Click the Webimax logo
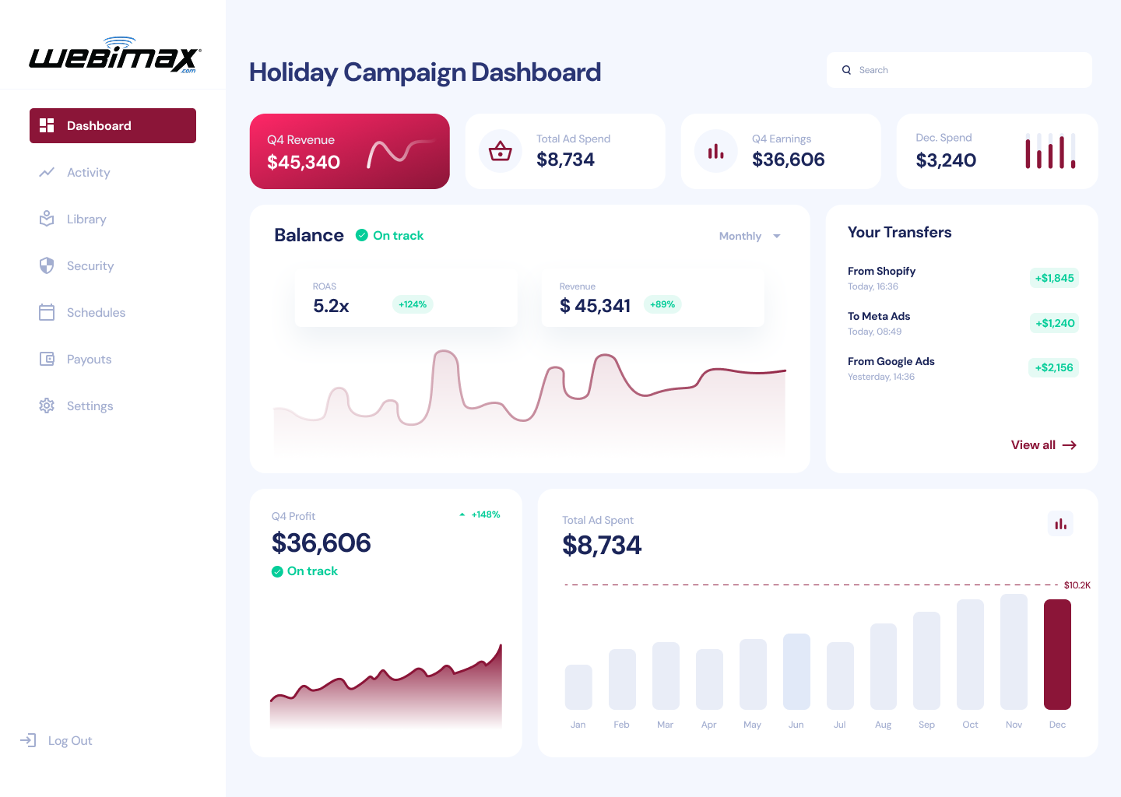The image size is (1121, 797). coord(114,56)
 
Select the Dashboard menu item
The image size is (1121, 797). coord(113,125)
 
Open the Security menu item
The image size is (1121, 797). coord(90,266)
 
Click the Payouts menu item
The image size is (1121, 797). coord(89,360)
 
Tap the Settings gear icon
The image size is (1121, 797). coord(47,406)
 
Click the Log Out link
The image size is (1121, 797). coord(69,741)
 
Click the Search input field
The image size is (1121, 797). coord(965,70)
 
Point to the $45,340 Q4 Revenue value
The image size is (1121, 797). coord(304,162)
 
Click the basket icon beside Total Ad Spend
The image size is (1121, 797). coord(500,151)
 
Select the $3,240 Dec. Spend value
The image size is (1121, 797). coord(946,160)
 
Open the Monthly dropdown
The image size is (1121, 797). coord(749,236)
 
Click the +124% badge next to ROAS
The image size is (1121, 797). coord(413,304)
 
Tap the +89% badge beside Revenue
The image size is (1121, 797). coord(662,304)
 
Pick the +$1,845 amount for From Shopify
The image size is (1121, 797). coord(1054,278)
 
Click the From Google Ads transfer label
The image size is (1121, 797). coord(891,361)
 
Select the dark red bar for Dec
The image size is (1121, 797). coord(1057,654)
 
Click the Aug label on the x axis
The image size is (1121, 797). coord(883,725)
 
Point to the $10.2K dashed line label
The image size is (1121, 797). coord(1077,585)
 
